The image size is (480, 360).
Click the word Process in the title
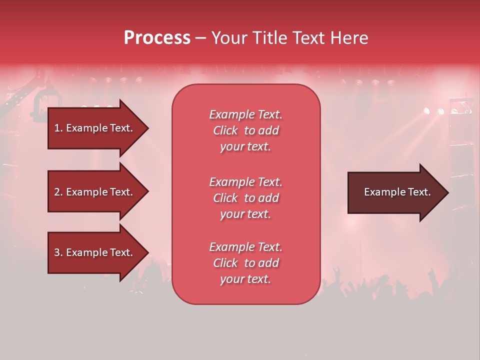coord(157,38)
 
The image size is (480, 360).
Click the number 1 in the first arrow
coord(56,128)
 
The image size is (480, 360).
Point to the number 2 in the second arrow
coord(57,192)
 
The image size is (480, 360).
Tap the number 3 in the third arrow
coord(57,252)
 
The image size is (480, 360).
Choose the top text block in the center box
coord(245,130)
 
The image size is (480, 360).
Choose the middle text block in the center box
coord(245,198)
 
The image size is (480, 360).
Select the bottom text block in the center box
coord(245,263)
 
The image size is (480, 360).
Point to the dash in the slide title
coord(200,38)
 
